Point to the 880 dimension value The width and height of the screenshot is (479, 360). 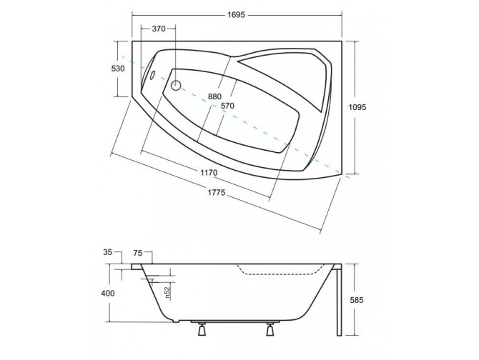pos(214,96)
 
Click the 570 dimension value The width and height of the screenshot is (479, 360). pos(227,107)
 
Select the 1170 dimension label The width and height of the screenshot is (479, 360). pos(209,172)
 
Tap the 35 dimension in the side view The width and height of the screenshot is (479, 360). pos(107,251)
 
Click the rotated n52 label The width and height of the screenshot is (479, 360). pos(167,293)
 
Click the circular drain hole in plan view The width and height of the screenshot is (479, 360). pos(177,85)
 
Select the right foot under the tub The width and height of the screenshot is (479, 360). pos(271,329)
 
